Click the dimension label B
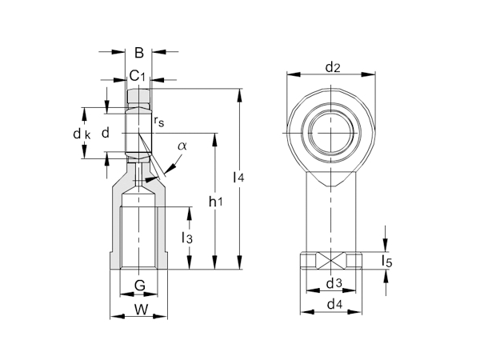pyautogui.click(x=138, y=54)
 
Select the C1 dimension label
pyautogui.click(x=138, y=76)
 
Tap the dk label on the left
pyautogui.click(x=82, y=134)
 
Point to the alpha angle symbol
pyautogui.click(x=182, y=146)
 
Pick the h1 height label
pyautogui.click(x=215, y=202)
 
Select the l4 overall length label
pyautogui.click(x=238, y=178)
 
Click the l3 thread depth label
pyautogui.click(x=186, y=238)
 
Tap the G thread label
pyautogui.click(x=139, y=286)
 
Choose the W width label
pyautogui.click(x=140, y=309)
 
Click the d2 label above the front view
pyautogui.click(x=333, y=67)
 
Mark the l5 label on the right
pyautogui.click(x=388, y=261)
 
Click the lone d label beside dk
pyautogui.click(x=104, y=133)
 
